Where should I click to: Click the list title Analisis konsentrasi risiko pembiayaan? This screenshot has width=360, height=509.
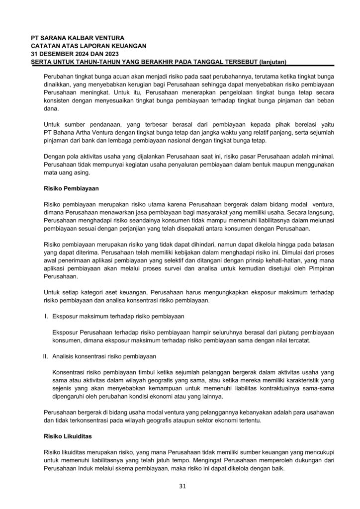tap(104, 356)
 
